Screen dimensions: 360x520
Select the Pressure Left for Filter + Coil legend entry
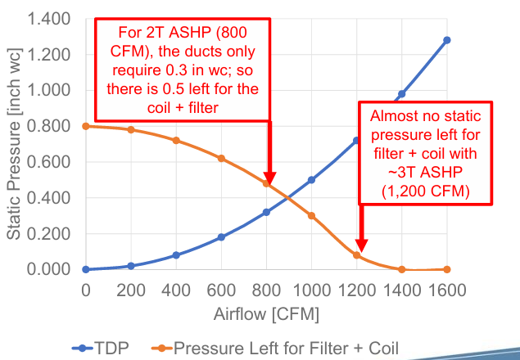(286, 347)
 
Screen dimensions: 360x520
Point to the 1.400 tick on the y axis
(48, 19)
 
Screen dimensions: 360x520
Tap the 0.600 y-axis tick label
(48, 162)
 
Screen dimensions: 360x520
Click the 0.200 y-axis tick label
(48, 234)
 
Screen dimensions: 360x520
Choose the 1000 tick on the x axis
(311, 290)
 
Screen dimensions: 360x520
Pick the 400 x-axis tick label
(175, 290)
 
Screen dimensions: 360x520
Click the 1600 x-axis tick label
(447, 290)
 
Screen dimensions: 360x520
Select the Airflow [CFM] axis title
(266, 314)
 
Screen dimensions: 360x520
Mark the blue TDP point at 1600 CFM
(447, 40)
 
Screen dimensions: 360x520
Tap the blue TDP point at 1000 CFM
(311, 180)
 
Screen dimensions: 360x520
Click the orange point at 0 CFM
(85, 126)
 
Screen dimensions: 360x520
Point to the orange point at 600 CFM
(221, 158)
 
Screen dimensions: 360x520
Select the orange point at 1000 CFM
(311, 215)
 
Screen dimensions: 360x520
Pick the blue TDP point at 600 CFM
(221, 237)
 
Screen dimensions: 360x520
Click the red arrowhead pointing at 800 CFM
(269, 178)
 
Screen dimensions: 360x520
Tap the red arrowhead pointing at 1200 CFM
(359, 245)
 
